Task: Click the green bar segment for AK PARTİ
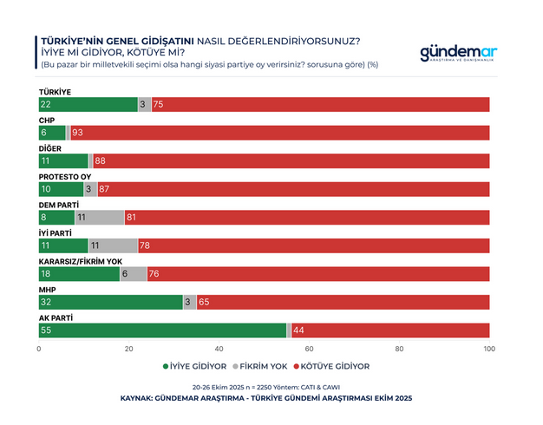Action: coord(162,330)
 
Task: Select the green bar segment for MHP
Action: coord(110,302)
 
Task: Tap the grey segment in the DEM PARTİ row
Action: coord(101,218)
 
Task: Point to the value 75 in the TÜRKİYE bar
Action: coord(158,105)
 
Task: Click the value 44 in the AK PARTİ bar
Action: coord(298,330)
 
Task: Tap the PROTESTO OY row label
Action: coord(65,176)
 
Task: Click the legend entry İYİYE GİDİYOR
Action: coord(195,366)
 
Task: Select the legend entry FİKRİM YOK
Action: coord(263,366)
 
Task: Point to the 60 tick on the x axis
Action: coord(310,349)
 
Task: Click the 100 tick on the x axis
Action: coord(489,349)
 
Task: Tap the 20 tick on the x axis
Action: coord(129,349)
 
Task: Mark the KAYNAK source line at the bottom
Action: coord(265,398)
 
